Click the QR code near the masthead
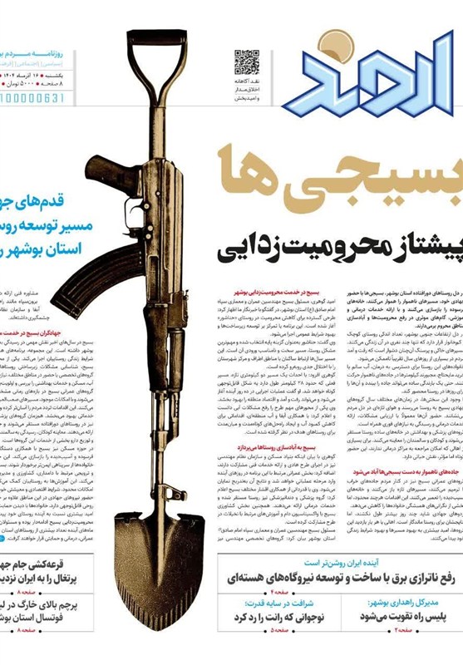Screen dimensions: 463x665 click(246, 62)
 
